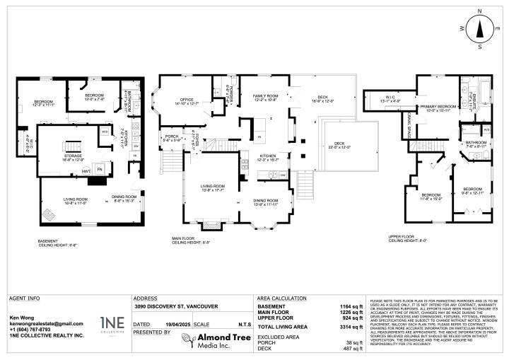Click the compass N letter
[479, 12]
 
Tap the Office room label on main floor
[187, 101]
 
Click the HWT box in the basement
[86, 171]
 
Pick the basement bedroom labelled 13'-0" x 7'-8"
[95, 96]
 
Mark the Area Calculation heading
[282, 298]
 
